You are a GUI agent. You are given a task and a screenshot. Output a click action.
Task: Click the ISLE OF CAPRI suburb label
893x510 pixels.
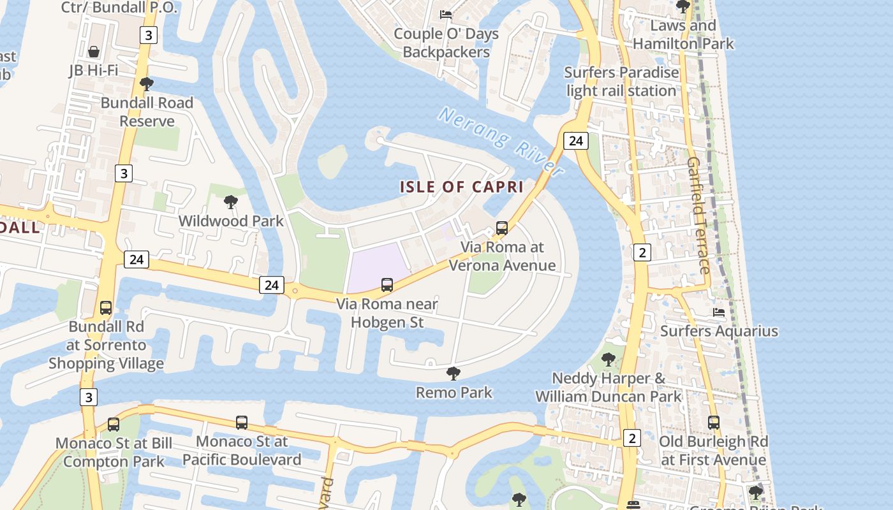tap(462, 187)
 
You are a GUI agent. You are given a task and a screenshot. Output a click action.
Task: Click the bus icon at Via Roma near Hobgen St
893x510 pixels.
tap(387, 285)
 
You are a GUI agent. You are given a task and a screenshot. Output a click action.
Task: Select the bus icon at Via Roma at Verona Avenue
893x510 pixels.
tap(502, 228)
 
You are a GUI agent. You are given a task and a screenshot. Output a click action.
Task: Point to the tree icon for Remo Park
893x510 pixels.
tap(454, 373)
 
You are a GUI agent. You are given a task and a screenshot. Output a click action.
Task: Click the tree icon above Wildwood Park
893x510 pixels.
tap(231, 203)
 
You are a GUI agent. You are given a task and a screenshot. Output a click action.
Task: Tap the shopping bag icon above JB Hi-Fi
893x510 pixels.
tap(94, 52)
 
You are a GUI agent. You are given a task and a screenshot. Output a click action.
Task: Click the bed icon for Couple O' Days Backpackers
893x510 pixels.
tap(446, 15)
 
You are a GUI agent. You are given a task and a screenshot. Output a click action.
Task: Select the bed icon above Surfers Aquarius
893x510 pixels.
tap(719, 312)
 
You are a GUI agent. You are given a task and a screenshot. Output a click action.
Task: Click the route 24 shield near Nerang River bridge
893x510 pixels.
tap(575, 141)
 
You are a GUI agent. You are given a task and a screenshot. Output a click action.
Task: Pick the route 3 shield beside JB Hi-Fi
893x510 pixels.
tap(148, 35)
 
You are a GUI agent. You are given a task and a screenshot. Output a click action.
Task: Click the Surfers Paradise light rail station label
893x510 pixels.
tap(621, 82)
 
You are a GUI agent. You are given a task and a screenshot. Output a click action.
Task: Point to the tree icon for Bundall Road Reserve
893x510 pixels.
tap(147, 84)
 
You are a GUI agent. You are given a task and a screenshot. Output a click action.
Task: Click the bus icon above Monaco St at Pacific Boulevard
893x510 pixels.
tap(242, 422)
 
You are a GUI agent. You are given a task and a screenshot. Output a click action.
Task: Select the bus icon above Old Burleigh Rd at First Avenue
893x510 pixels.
tap(713, 422)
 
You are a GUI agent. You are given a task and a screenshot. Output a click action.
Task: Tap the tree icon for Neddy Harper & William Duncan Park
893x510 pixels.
tap(609, 360)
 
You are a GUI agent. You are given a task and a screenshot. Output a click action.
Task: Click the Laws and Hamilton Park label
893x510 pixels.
tap(683, 34)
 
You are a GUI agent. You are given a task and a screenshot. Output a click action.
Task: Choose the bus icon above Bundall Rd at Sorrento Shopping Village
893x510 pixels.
tap(106, 308)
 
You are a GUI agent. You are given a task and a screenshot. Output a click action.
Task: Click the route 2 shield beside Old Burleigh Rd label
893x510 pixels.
tap(631, 438)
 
